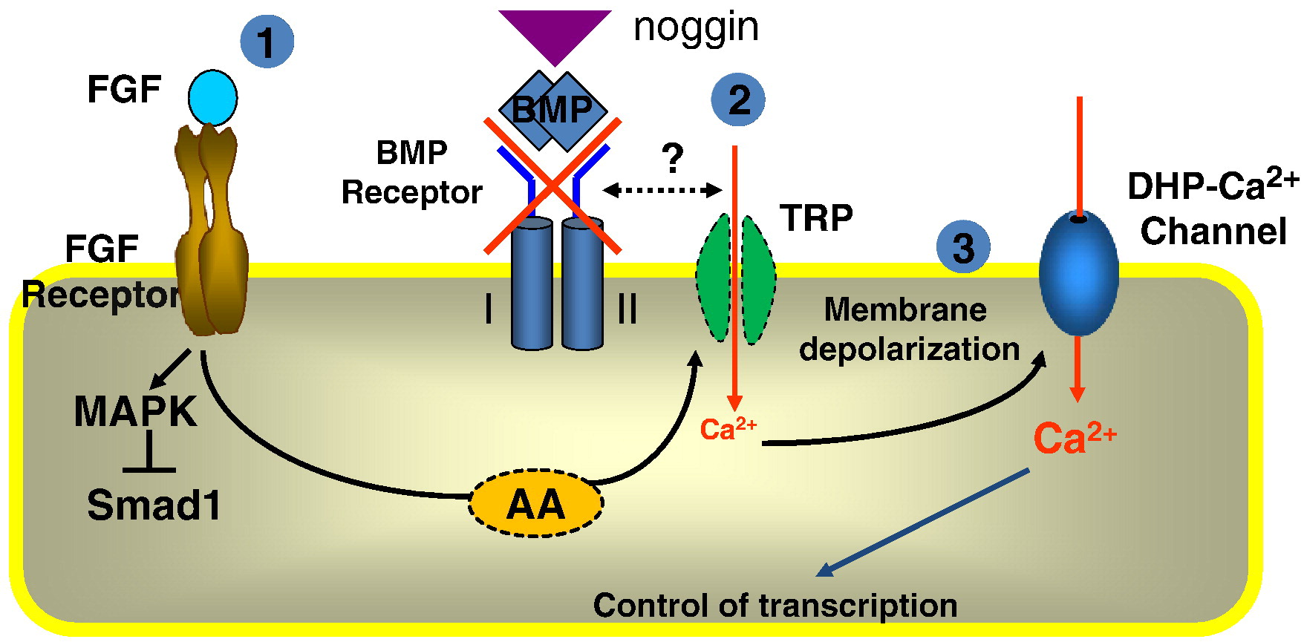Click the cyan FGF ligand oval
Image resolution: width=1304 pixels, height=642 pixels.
pyautogui.click(x=212, y=98)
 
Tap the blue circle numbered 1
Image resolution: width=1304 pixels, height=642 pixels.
pyautogui.click(x=267, y=42)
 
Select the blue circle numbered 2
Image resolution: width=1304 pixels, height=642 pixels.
pyautogui.click(x=738, y=99)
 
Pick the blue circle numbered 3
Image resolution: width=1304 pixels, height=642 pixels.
pyautogui.click(x=963, y=247)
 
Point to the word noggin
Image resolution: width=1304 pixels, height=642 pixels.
pyautogui.click(x=696, y=28)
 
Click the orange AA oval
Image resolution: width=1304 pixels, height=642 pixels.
pyautogui.click(x=535, y=503)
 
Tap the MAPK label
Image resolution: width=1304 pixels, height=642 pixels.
pyautogui.click(x=135, y=411)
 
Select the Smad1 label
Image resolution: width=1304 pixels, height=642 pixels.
pyautogui.click(x=154, y=505)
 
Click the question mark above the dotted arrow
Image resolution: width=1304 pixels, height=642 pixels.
pyautogui.click(x=672, y=158)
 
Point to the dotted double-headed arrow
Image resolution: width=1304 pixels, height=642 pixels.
pyautogui.click(x=662, y=191)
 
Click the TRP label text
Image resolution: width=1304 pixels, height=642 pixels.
pyautogui.click(x=816, y=218)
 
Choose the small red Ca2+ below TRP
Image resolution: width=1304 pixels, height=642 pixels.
pyautogui.click(x=728, y=430)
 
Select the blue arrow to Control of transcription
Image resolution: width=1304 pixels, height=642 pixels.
pyautogui.click(x=923, y=522)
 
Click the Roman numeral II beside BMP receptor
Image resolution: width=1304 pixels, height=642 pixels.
pyautogui.click(x=627, y=308)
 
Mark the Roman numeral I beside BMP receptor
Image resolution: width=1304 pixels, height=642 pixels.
pyautogui.click(x=488, y=308)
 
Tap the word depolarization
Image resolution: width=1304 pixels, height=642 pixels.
pyautogui.click(x=909, y=350)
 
